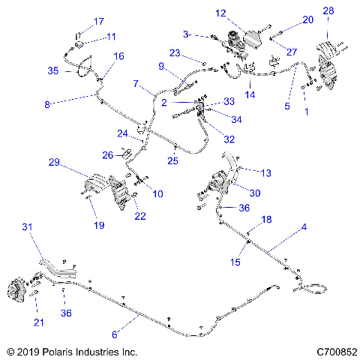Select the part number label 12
(x=220, y=13)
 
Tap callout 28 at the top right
(x=328, y=10)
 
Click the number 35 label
(x=53, y=70)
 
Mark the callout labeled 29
(x=55, y=162)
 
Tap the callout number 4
(x=304, y=226)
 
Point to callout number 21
(x=39, y=322)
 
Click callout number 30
(x=255, y=193)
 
